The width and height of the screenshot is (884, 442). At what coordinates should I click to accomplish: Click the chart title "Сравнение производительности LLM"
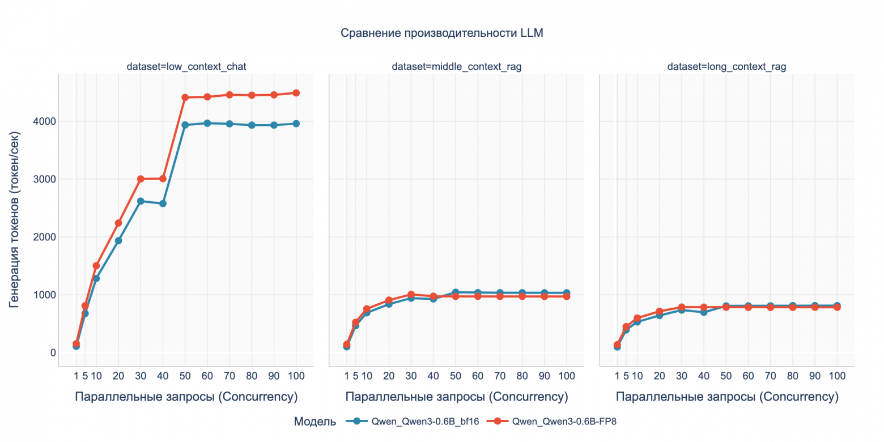point(441,33)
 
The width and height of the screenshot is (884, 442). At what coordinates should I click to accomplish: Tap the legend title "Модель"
point(315,422)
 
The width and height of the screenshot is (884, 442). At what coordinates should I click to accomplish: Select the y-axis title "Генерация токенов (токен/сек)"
point(15,219)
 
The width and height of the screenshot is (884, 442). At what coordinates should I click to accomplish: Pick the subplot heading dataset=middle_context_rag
point(456,67)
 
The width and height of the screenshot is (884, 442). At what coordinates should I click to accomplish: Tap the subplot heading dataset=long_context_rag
point(726,67)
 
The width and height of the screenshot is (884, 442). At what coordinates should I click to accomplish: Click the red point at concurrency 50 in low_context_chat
point(185,97)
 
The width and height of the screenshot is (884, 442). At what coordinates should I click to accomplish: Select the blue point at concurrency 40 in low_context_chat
point(163,203)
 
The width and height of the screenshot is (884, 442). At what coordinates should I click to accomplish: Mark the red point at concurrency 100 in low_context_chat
point(296,93)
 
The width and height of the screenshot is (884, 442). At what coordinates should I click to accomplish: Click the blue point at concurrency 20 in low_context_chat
point(118,241)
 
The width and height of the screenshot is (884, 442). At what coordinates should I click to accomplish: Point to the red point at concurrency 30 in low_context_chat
point(141,179)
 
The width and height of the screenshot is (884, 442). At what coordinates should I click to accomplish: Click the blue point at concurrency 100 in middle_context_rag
point(566,293)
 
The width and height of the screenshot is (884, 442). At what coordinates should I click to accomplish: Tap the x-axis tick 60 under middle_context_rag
point(478,376)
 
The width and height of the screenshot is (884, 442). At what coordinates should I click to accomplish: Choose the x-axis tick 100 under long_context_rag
point(836,376)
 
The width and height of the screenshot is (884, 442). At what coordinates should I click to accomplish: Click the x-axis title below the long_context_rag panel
point(726,397)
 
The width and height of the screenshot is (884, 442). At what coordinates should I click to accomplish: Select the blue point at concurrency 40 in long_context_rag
point(704,312)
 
